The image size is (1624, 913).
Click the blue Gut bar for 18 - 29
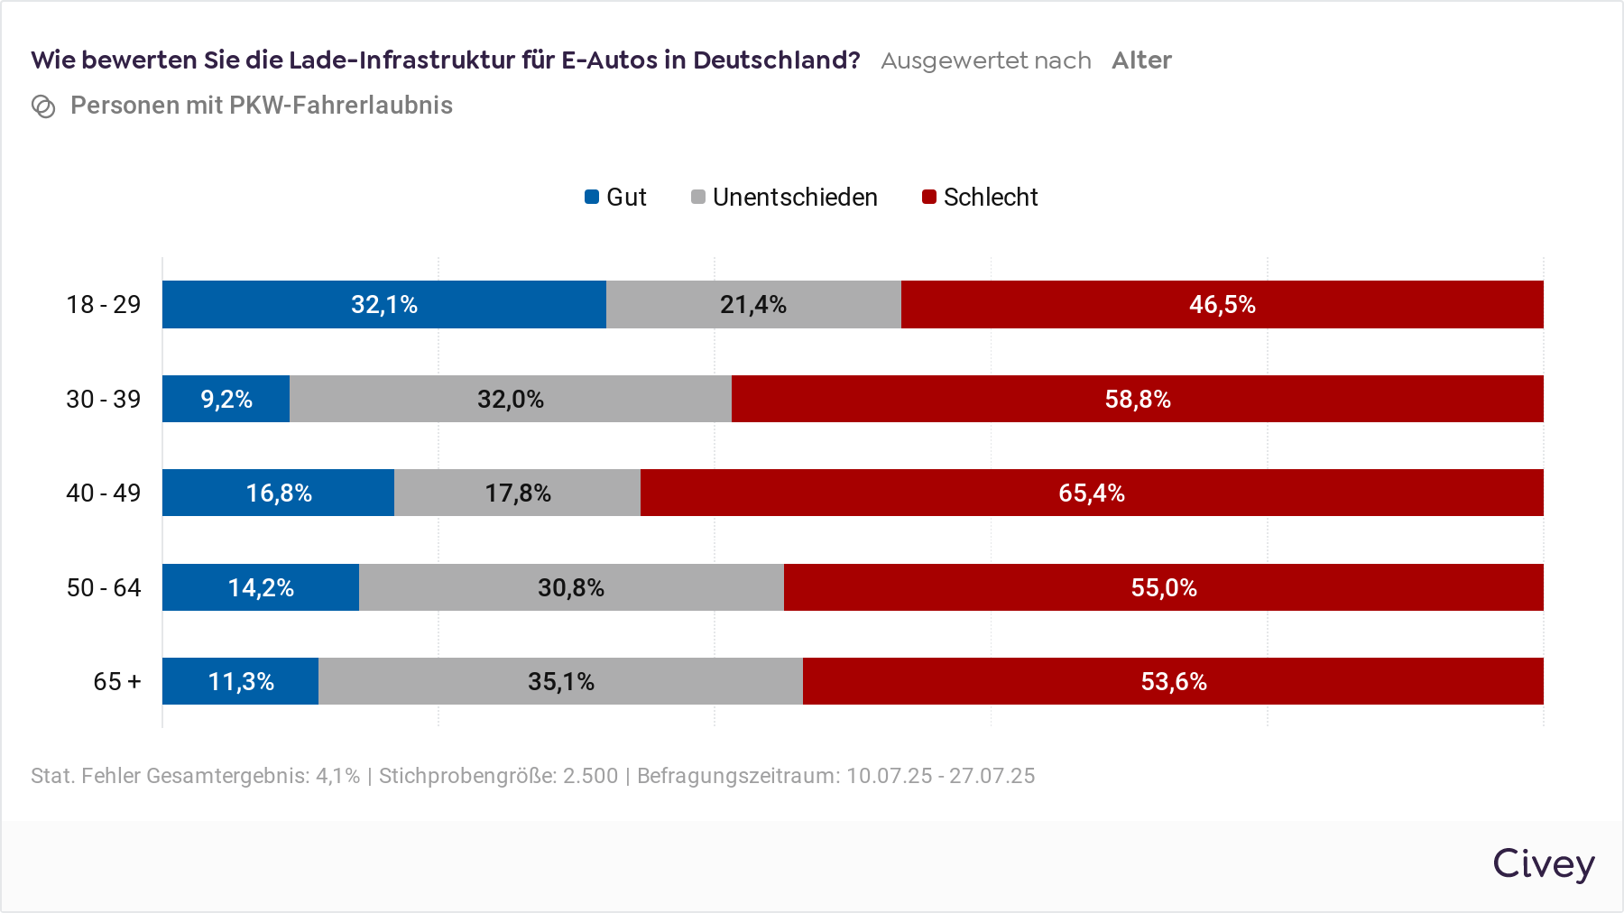(384, 305)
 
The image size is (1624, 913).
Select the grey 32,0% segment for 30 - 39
(511, 399)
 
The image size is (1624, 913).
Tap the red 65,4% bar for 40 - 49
(1092, 493)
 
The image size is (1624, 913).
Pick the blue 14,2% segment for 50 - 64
(261, 587)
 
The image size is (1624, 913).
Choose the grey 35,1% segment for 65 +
(560, 681)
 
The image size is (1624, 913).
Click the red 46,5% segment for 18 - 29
(1222, 305)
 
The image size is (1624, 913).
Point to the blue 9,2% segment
(226, 399)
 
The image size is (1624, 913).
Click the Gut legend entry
(616, 197)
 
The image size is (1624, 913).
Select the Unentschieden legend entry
(784, 197)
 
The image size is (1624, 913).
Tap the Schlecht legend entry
(980, 197)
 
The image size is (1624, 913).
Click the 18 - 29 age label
(104, 305)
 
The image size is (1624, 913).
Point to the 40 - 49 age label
(104, 493)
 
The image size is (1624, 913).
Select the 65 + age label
(117, 682)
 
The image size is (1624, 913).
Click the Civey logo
(1543, 864)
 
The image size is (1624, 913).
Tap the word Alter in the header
(1141, 60)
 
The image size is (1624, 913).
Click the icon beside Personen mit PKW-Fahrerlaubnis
(43, 106)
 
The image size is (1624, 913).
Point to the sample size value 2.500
(590, 776)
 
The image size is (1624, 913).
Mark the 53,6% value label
(1174, 682)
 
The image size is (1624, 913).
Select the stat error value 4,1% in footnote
(337, 776)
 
